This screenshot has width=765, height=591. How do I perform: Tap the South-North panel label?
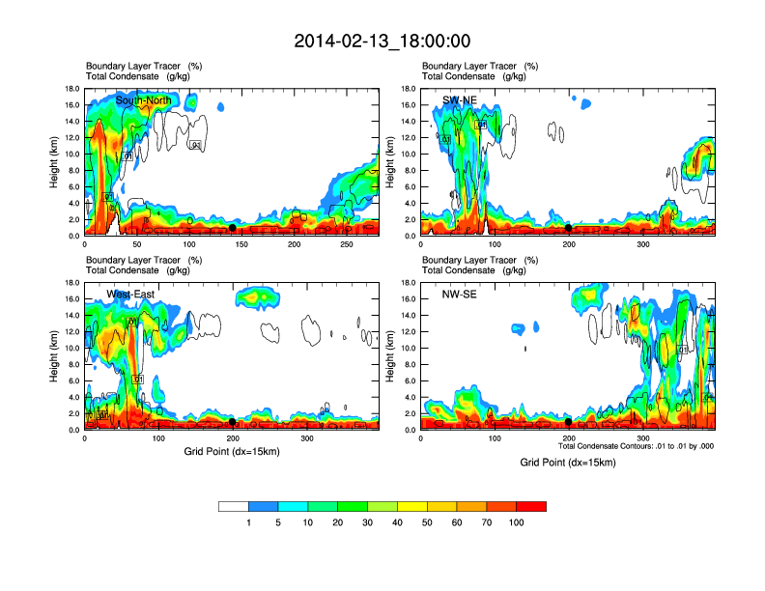click(143, 100)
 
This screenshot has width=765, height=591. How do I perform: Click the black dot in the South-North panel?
click(232, 227)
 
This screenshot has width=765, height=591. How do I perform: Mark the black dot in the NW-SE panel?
click(569, 422)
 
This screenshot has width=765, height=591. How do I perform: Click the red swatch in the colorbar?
click(531, 506)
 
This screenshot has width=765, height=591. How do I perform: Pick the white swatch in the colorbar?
click(234, 506)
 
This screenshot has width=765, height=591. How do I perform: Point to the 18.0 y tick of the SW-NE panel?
click(409, 89)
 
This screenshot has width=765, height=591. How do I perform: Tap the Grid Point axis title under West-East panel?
click(231, 451)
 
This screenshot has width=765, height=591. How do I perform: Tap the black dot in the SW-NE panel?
click(569, 227)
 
